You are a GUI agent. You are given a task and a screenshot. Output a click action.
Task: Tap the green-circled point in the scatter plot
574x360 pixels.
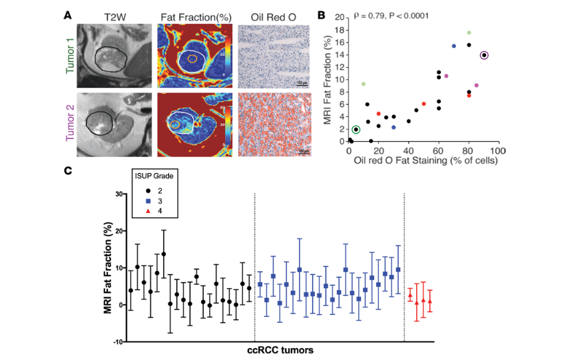coord(356,129)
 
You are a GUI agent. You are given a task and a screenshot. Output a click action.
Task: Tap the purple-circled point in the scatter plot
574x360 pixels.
coord(484,55)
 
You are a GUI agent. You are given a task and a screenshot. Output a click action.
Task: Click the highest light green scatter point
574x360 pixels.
coord(469,33)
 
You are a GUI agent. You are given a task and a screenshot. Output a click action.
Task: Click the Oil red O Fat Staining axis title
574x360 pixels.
coord(424,162)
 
